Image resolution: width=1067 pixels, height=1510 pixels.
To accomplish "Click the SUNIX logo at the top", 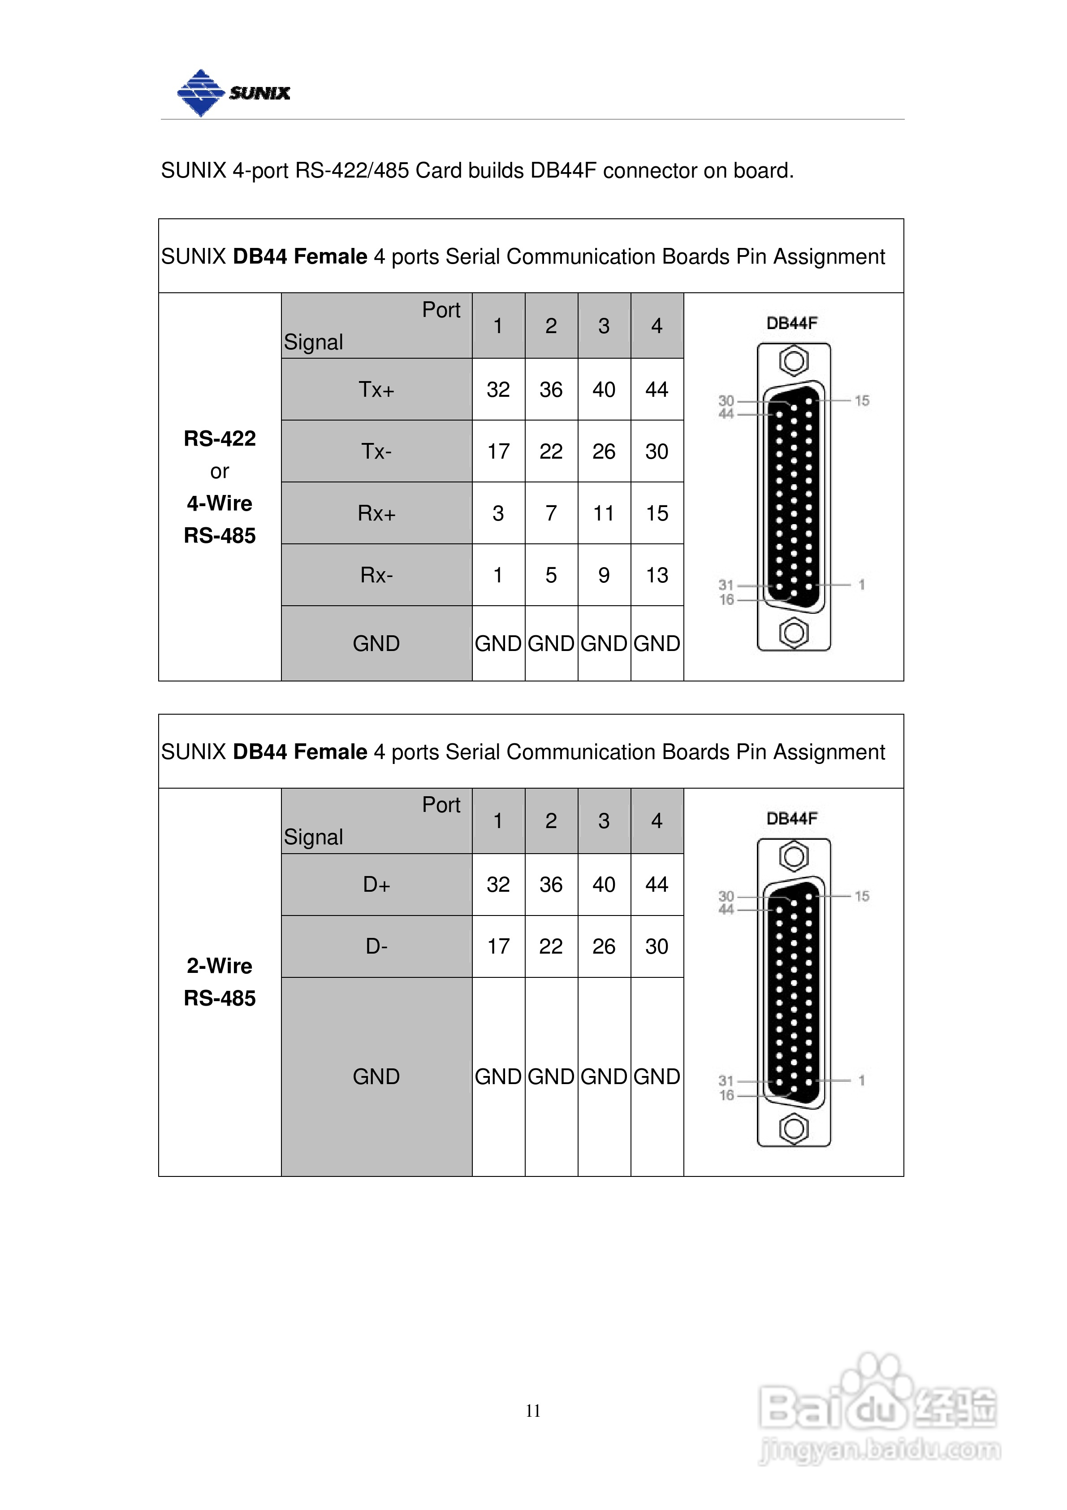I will click(x=233, y=93).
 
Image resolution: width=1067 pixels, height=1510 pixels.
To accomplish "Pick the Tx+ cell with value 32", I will click(x=498, y=389).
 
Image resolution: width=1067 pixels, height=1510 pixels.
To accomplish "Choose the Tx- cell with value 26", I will click(x=604, y=451).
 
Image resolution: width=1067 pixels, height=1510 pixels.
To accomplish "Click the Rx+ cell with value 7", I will click(x=551, y=513).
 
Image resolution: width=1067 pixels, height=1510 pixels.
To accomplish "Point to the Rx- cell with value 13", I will click(x=657, y=575).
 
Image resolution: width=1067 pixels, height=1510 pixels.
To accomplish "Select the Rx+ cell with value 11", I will click(x=604, y=513).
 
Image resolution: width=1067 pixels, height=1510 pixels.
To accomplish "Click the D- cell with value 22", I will click(x=551, y=946).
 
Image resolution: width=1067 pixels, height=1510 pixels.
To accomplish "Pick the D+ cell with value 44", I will click(x=657, y=885).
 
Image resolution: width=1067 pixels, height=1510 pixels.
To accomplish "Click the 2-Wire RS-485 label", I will click(x=220, y=982).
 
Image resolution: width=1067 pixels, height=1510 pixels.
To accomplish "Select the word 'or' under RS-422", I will click(x=220, y=472).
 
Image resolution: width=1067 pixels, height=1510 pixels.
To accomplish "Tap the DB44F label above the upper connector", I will click(x=792, y=323).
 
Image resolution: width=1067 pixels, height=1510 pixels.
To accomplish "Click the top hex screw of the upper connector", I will click(x=794, y=361).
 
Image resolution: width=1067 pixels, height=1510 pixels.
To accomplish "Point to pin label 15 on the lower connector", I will click(x=862, y=896).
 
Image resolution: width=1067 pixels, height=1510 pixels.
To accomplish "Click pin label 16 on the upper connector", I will click(x=726, y=600).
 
